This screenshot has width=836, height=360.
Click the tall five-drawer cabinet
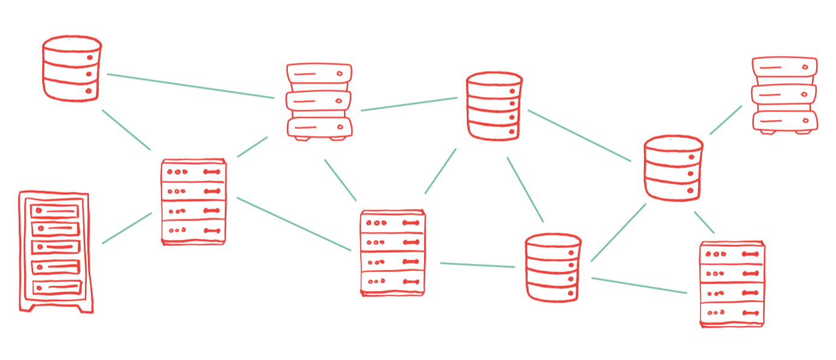[55, 252]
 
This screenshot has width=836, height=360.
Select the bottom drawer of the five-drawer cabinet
[57, 287]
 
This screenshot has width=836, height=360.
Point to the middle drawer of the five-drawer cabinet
[55, 247]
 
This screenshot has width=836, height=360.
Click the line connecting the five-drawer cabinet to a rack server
[127, 228]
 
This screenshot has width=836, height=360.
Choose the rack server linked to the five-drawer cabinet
[193, 202]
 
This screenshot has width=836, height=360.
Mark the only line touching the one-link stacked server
[726, 120]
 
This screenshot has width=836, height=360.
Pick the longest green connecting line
[190, 85]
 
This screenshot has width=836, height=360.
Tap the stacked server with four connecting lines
[319, 102]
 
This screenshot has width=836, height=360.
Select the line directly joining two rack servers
[294, 223]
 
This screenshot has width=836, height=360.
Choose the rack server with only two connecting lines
[732, 284]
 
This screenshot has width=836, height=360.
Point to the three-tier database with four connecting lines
[673, 168]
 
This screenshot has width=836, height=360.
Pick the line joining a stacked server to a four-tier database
[409, 104]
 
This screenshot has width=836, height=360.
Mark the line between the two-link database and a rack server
[126, 129]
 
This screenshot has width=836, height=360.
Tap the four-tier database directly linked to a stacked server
[494, 106]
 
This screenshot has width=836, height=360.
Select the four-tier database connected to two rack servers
[552, 267]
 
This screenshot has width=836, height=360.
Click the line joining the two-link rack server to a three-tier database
[704, 222]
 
